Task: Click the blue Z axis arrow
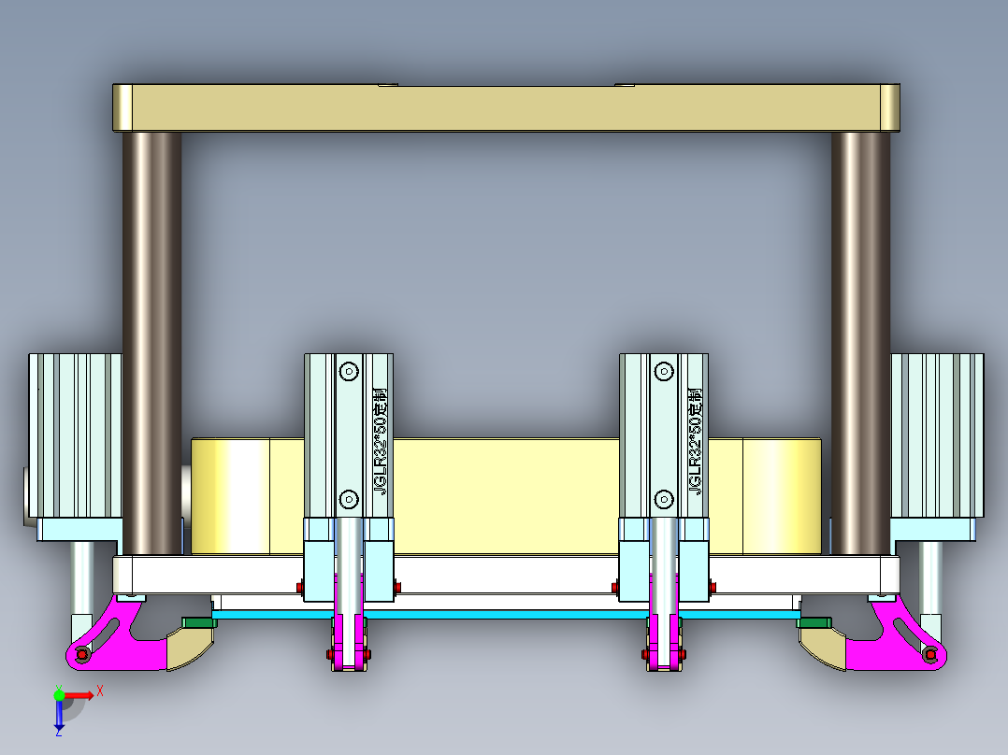[x=59, y=715]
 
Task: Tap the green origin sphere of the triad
[x=60, y=694]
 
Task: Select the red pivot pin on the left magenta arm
[x=82, y=655]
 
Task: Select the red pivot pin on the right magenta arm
[x=929, y=655]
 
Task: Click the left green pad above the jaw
[x=198, y=621]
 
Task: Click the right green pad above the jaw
[x=814, y=621]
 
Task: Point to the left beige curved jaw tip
[x=192, y=650]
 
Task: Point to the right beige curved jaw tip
[x=821, y=650]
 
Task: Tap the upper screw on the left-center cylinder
[x=349, y=371]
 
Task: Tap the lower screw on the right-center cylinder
[x=664, y=497]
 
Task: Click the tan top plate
[x=505, y=107]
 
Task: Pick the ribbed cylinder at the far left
[x=75, y=434]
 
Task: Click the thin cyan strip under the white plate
[x=505, y=614]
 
